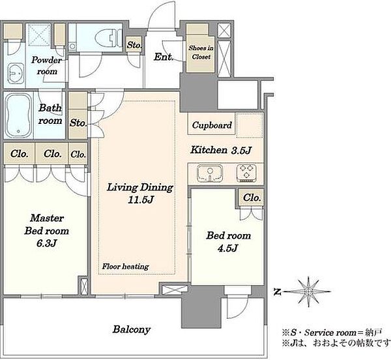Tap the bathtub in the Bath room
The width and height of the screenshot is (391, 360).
[18, 115]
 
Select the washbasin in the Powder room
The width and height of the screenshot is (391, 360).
[16, 73]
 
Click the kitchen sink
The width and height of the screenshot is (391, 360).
[210, 173]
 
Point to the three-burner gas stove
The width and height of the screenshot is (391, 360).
[246, 173]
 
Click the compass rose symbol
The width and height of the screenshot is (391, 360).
[308, 292]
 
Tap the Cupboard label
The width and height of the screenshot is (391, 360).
[212, 125]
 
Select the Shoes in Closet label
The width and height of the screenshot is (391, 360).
[201, 52]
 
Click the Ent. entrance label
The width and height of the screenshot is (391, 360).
[164, 57]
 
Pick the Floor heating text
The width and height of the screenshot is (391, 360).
[125, 267]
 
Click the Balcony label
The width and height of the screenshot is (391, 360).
[132, 329]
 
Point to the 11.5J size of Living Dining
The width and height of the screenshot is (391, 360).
[141, 200]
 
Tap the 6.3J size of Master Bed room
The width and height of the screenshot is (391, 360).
[47, 243]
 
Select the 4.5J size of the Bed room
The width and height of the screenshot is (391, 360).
[228, 248]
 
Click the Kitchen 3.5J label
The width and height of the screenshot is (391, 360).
[221, 150]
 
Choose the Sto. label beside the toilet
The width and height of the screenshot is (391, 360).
[134, 45]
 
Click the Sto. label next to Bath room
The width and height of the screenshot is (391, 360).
[78, 123]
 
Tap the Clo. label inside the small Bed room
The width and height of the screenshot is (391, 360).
[252, 198]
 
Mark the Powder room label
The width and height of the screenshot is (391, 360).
[47, 66]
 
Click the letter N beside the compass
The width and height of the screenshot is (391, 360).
[276, 292]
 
